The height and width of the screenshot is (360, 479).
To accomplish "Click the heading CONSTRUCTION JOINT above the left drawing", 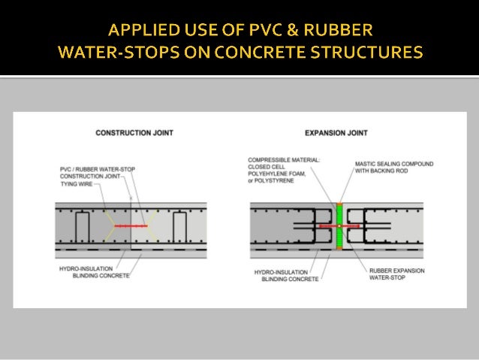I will [134, 133].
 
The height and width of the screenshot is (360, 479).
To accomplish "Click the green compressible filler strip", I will [339, 225].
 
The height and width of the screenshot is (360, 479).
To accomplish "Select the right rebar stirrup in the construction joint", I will [179, 225].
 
